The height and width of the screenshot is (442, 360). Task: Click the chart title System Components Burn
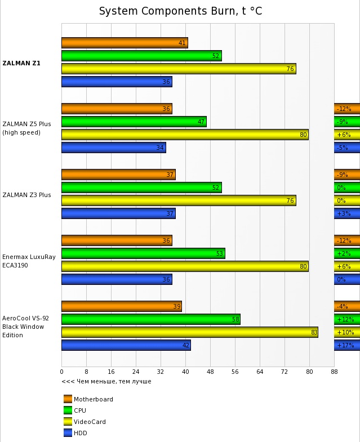pyautogui.click(x=180, y=11)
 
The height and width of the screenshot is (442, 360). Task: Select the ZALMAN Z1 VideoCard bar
pyautogui.click(x=179, y=69)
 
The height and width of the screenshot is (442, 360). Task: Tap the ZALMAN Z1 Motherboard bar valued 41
pyautogui.click(x=125, y=43)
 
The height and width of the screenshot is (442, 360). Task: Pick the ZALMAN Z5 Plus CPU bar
pyautogui.click(x=134, y=122)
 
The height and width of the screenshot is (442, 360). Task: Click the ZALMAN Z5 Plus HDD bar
pyautogui.click(x=114, y=148)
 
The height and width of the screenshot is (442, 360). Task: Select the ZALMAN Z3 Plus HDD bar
pyautogui.click(x=118, y=213)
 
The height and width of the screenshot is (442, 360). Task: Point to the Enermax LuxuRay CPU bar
pyautogui.click(x=143, y=253)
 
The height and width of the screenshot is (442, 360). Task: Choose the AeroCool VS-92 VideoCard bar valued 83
pyautogui.click(x=189, y=332)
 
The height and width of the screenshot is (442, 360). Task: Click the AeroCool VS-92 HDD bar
pyautogui.click(x=126, y=345)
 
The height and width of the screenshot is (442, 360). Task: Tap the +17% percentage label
pyautogui.click(x=345, y=345)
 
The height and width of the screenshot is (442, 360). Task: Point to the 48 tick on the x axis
pyautogui.click(x=210, y=372)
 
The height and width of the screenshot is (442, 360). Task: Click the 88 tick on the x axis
pyautogui.click(x=334, y=372)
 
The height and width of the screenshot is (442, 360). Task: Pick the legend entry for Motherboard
pyautogui.click(x=93, y=399)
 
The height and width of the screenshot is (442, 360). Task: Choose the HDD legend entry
pyautogui.click(x=80, y=433)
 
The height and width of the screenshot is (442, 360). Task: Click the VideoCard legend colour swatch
pyautogui.click(x=68, y=422)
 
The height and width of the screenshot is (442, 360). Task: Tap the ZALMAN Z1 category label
pyautogui.click(x=21, y=63)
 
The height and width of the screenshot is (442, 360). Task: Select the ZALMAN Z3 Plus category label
pyautogui.click(x=26, y=195)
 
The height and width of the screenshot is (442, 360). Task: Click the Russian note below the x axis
pyautogui.click(x=106, y=381)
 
